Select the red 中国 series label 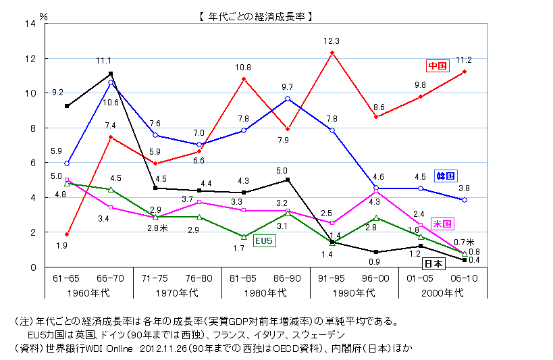click(x=438, y=66)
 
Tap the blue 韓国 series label click(x=445, y=176)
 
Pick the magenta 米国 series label click(x=442, y=223)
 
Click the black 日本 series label click(x=433, y=264)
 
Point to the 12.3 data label click(x=332, y=41)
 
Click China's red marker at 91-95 click(x=332, y=53)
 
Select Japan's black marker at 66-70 click(x=111, y=74)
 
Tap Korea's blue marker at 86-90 click(x=288, y=99)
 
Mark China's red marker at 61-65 click(x=67, y=234)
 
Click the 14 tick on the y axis click(x=29, y=24)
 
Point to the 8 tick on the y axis click(x=32, y=128)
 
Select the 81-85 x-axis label click(x=243, y=278)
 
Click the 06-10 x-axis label click(x=465, y=278)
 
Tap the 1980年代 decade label click(x=265, y=292)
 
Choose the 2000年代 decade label click(x=442, y=292)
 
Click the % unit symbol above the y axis click(x=45, y=14)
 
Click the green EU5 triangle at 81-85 click(x=244, y=237)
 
